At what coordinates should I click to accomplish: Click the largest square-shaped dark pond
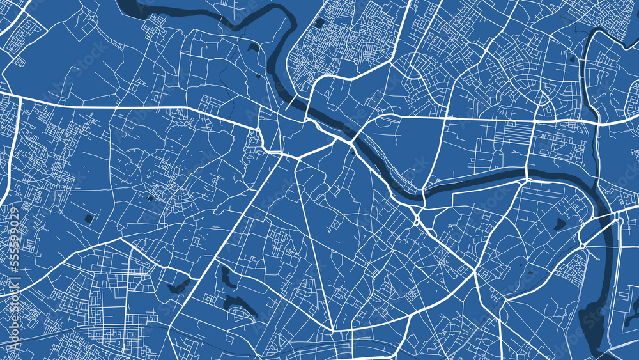point(88,219)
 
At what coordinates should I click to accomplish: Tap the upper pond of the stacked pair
point(226,276)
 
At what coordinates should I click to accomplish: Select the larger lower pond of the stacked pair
point(240,308)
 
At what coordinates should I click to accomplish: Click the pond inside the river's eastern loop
point(560,224)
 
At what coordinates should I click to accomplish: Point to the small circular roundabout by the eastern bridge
point(583,246)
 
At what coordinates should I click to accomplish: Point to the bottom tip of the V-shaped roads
point(333,330)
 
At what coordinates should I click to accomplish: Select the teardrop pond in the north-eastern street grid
point(571,59)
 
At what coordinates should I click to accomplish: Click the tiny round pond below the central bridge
point(353,152)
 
